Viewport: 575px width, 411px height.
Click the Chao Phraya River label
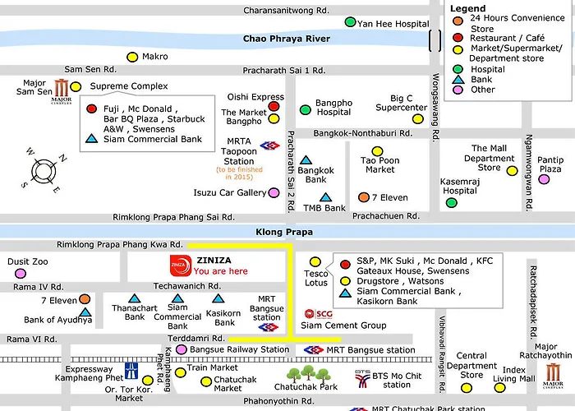click(x=287, y=39)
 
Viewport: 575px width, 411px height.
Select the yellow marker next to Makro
click(x=131, y=57)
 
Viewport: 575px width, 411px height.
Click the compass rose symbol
click(x=42, y=171)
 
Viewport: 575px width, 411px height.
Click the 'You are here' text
click(x=221, y=271)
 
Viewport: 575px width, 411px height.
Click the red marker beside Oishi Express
click(x=274, y=106)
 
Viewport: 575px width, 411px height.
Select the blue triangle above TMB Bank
click(x=325, y=197)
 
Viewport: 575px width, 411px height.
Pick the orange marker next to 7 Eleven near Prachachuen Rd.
click(x=364, y=197)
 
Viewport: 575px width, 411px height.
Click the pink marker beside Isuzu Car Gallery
click(x=274, y=193)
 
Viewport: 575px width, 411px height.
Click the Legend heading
click(x=467, y=7)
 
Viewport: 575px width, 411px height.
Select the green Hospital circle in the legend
click(x=458, y=69)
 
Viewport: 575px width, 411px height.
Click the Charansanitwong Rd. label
click(x=285, y=10)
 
